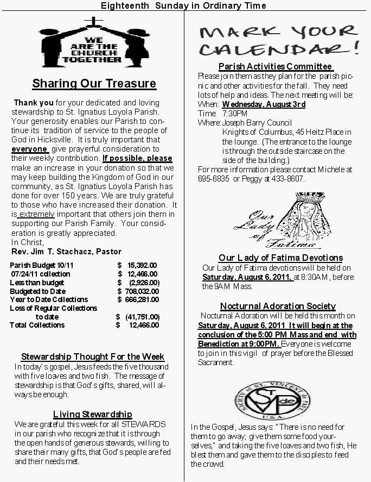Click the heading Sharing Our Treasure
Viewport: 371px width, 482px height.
tap(94, 84)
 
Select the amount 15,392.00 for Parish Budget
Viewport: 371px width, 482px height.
tap(142, 265)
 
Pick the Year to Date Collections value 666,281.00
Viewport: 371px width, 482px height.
tap(142, 299)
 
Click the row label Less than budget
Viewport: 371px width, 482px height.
tap(36, 282)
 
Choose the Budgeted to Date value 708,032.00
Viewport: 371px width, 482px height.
tap(142, 291)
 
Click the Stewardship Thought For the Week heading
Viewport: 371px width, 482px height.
tap(92, 357)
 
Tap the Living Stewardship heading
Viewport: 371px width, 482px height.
tap(92, 415)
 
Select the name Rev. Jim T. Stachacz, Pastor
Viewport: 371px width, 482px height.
tap(66, 252)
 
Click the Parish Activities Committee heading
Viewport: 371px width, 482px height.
tap(275, 66)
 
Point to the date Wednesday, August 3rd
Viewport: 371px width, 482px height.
tap(264, 104)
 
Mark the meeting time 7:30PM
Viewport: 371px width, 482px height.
tap(235, 114)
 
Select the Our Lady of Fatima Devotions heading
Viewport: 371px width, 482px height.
tap(280, 258)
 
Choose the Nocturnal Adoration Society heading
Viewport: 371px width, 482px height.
tap(278, 306)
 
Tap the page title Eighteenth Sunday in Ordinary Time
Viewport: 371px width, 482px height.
tap(183, 5)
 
